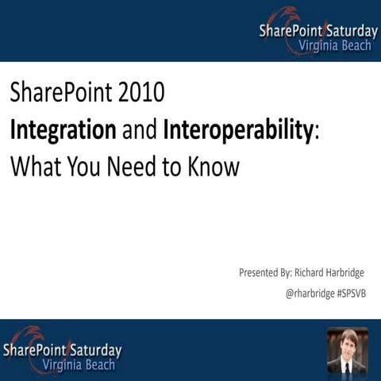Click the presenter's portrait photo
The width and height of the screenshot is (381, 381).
click(x=347, y=350)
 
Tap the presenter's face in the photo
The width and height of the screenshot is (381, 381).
click(x=347, y=344)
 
